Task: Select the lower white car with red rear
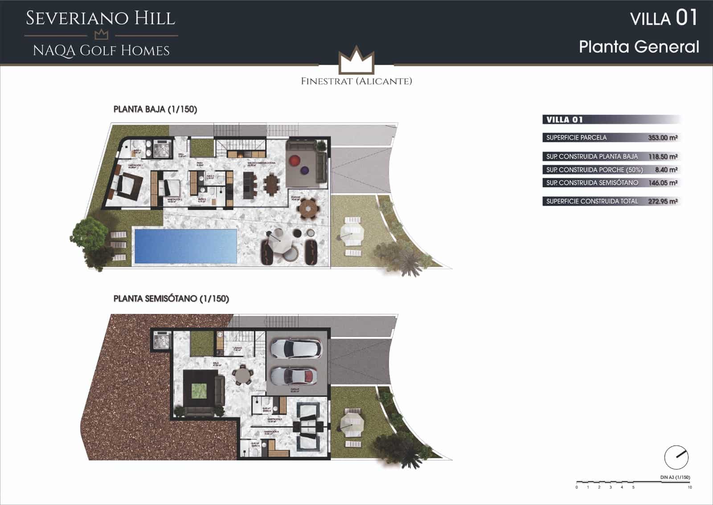point(294,376)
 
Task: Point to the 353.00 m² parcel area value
point(663,137)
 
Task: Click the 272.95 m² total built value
point(663,201)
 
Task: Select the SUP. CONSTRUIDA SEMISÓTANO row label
point(592,183)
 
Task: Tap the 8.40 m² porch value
point(666,170)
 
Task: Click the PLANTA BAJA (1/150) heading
point(155,109)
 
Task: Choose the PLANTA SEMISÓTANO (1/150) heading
point(171,298)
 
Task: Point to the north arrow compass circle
point(676,457)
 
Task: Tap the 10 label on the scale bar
point(689,487)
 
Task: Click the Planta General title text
point(639,47)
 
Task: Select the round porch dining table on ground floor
point(307,208)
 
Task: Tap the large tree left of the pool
point(91,241)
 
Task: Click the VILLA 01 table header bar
point(611,120)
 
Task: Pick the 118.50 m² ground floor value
point(663,157)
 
